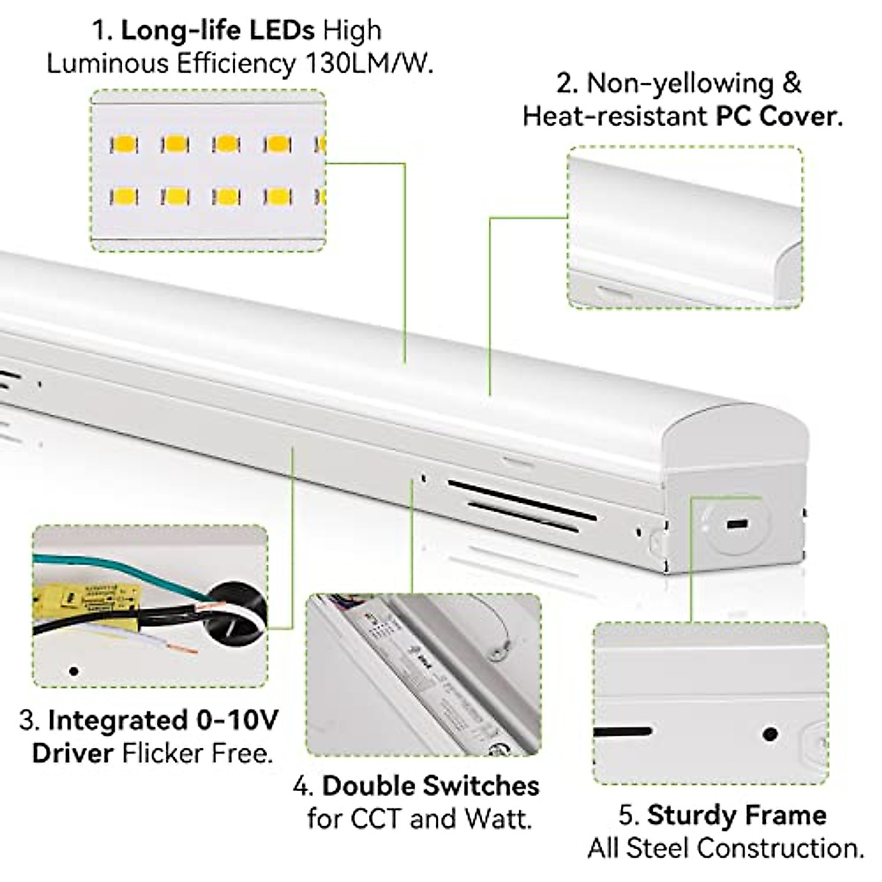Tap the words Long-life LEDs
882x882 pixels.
[x=218, y=30]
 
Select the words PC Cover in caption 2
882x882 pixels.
[x=779, y=116]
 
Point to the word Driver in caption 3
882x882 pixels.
[x=73, y=753]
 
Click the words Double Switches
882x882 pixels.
[x=431, y=785]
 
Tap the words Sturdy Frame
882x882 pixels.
[x=736, y=815]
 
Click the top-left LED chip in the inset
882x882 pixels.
[x=123, y=144]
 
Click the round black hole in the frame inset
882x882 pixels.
[x=770, y=734]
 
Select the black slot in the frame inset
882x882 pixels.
[x=622, y=732]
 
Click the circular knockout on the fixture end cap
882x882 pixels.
[x=736, y=525]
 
